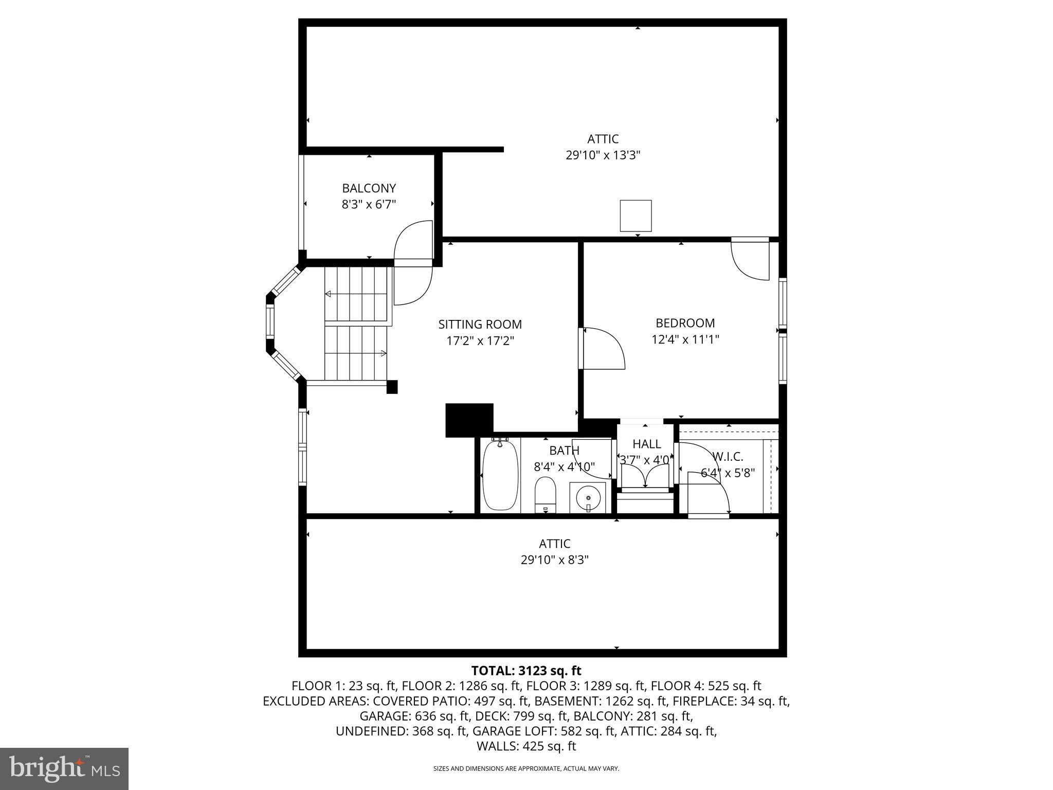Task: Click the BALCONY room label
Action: point(369,188)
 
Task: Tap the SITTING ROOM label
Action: point(480,325)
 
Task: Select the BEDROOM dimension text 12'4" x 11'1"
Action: point(685,339)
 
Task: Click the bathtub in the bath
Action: point(500,476)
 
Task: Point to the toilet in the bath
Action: point(546,494)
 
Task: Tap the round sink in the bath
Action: point(588,498)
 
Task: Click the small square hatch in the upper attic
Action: point(636,216)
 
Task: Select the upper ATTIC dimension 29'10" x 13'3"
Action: point(603,155)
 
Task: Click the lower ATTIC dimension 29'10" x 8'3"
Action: point(554,560)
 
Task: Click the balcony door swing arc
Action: point(413,242)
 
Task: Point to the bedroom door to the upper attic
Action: point(750,260)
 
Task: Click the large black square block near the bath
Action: point(469,420)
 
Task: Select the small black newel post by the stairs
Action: point(392,387)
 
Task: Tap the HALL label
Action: point(646,444)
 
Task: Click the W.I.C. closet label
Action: point(728,457)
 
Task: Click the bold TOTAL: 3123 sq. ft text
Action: point(526,671)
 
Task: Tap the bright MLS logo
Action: point(64,769)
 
